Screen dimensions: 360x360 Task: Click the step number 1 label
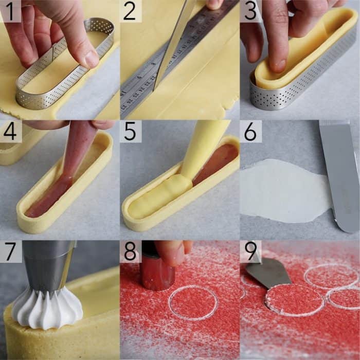coord(10,11)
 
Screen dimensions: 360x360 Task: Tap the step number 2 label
coord(131,11)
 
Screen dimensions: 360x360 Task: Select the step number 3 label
coord(250,11)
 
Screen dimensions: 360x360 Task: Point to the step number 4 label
coord(10,132)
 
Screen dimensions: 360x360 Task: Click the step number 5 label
coord(131,132)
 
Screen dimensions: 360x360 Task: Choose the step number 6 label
coord(250,132)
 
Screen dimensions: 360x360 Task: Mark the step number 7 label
coord(10,251)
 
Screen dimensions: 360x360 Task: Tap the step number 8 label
coord(131,251)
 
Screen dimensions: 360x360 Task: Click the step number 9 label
coord(250,251)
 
